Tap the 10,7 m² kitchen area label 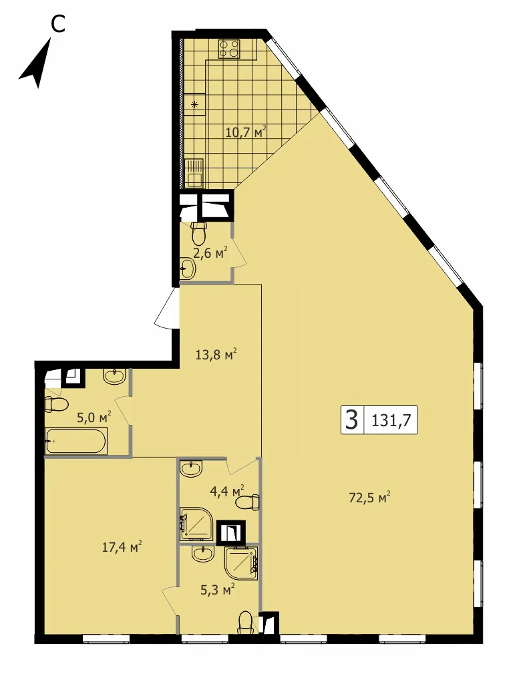click(246, 131)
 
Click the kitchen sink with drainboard click(194, 173)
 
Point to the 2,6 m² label click(210, 252)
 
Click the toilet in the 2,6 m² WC click(198, 234)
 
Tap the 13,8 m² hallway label click(216, 355)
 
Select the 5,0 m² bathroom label click(94, 417)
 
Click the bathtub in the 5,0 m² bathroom click(76, 441)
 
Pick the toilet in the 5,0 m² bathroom click(57, 405)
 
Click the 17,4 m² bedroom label click(122, 548)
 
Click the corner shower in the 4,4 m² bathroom click(197, 524)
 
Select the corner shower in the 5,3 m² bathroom click(241, 563)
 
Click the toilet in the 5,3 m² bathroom click(246, 622)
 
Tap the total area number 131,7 click(391, 420)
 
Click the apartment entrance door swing click(166, 308)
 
